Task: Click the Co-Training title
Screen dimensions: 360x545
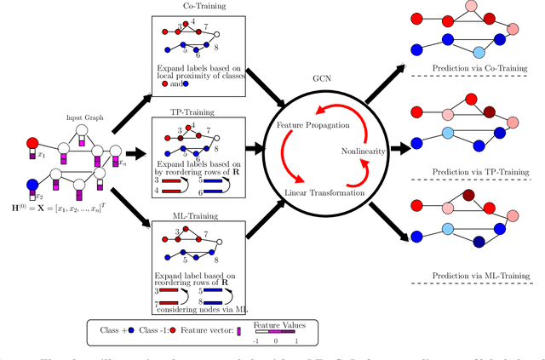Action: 198,5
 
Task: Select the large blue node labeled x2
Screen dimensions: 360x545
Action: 32,183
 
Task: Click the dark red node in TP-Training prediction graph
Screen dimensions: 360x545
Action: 490,111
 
